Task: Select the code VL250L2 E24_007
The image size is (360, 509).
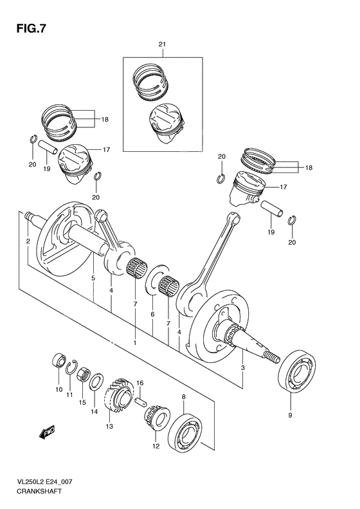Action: point(40,482)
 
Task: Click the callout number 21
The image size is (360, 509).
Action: point(163,44)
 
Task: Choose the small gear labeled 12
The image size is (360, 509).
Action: point(154,421)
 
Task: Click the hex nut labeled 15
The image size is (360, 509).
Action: point(83,373)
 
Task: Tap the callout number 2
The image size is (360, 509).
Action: point(28,241)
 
